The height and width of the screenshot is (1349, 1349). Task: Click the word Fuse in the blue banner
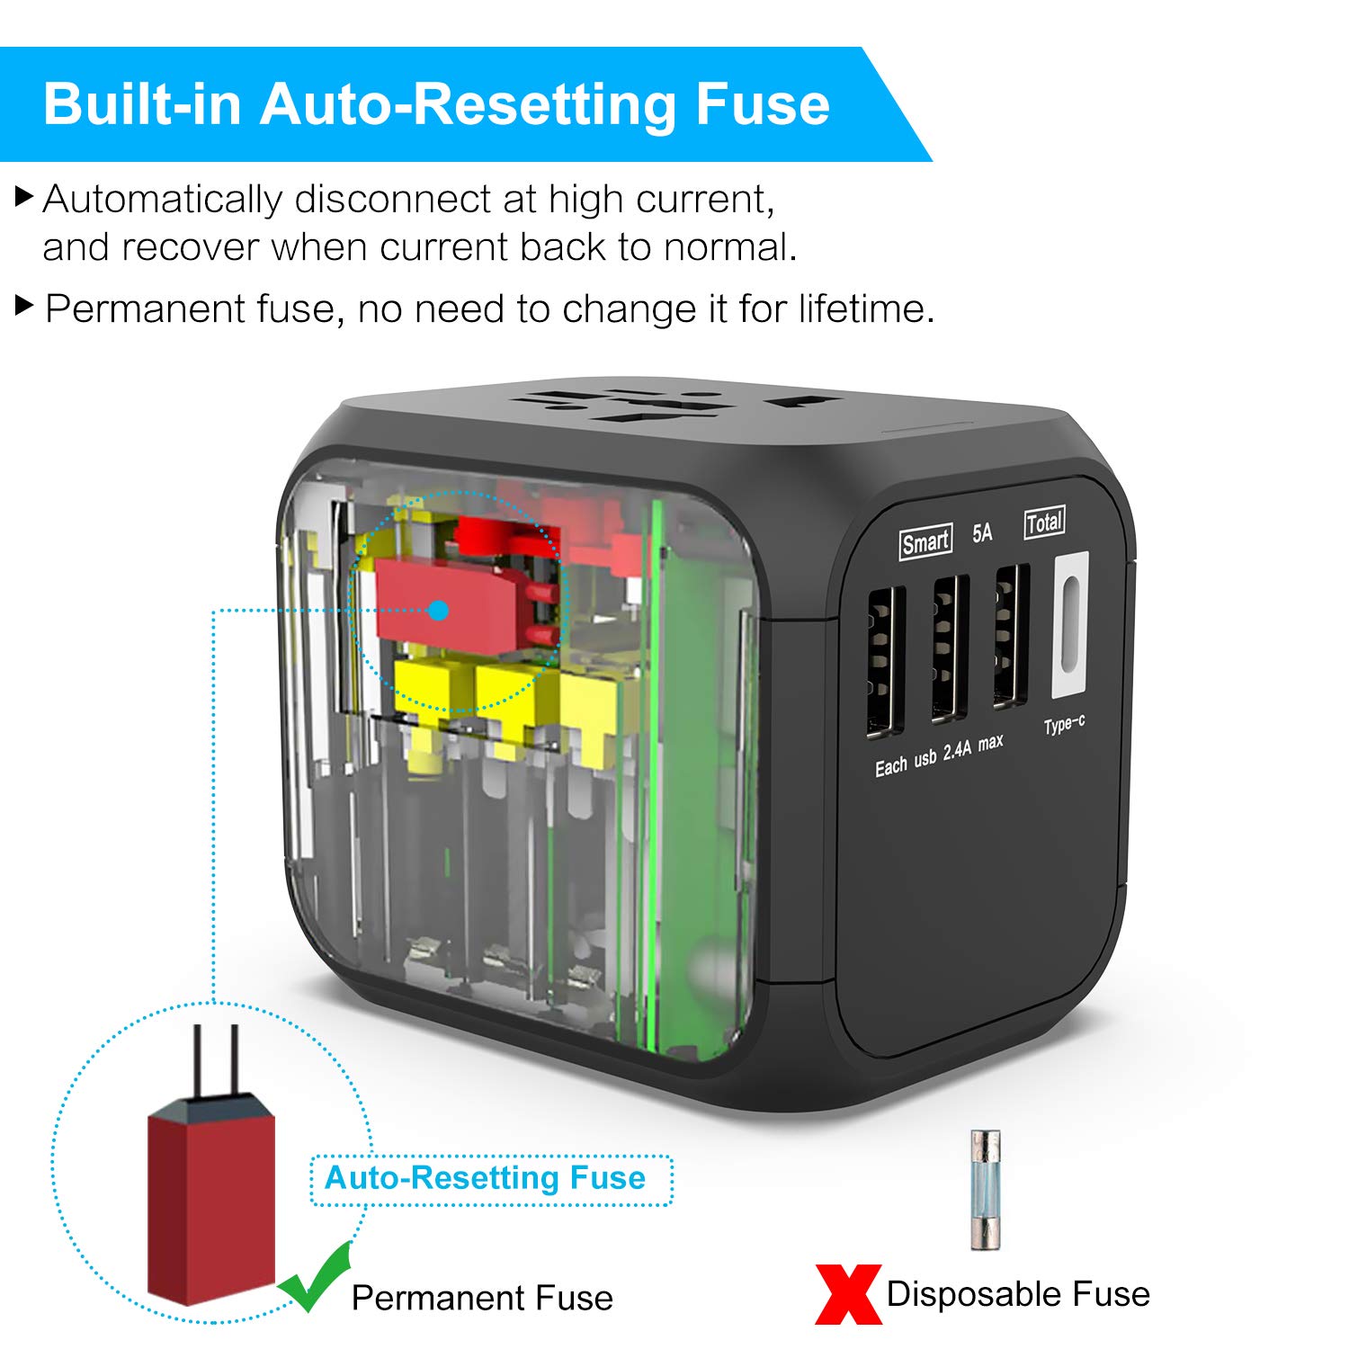[762, 104]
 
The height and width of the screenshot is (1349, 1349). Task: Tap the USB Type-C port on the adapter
[1069, 625]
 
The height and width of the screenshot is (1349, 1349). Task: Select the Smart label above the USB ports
[925, 542]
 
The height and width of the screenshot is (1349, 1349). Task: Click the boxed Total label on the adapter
[1044, 523]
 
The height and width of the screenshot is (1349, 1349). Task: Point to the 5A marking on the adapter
[982, 533]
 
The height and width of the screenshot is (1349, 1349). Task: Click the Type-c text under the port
[1064, 725]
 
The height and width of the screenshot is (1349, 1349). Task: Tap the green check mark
[315, 1277]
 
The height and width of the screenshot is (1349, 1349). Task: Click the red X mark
[846, 1294]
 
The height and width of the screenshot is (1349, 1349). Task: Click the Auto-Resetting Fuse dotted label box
[491, 1179]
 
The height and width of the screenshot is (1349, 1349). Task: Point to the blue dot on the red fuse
[439, 611]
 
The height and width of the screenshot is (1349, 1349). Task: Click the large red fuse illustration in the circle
[212, 1196]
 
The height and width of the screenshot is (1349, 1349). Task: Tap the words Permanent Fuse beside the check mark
[482, 1298]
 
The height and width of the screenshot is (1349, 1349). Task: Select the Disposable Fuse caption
[1018, 1294]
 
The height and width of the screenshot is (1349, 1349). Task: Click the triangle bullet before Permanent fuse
[25, 306]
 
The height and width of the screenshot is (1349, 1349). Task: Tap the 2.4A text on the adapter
[957, 750]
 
